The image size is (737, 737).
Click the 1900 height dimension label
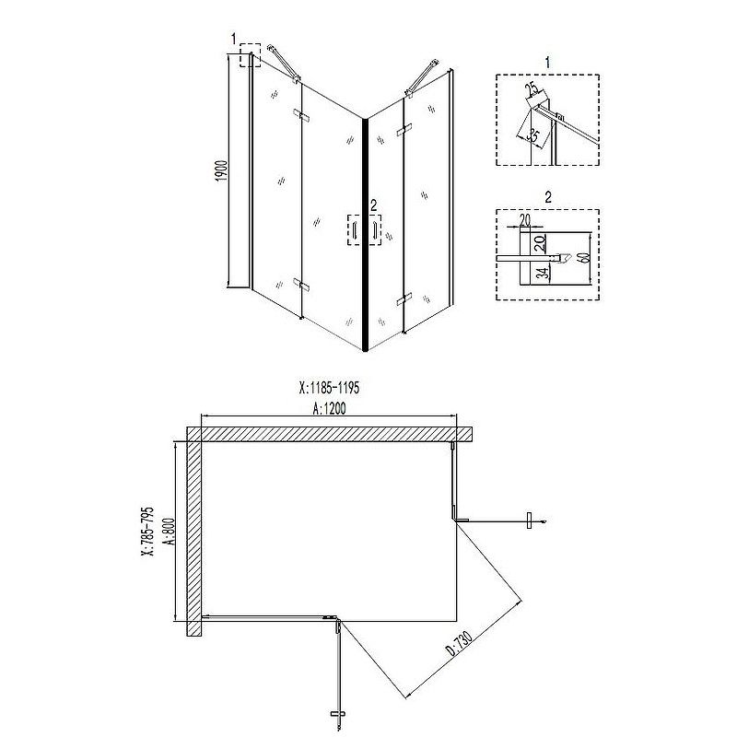[222, 171]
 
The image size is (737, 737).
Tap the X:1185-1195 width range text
[329, 388]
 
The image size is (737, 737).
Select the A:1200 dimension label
[329, 408]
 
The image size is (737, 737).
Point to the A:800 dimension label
[170, 532]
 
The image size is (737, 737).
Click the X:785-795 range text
[147, 532]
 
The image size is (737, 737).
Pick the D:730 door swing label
[459, 643]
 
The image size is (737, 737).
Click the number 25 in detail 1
[532, 89]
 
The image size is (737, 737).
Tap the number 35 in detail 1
[532, 135]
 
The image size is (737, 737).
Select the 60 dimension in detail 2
[584, 258]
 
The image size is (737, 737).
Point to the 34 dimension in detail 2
[543, 274]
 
